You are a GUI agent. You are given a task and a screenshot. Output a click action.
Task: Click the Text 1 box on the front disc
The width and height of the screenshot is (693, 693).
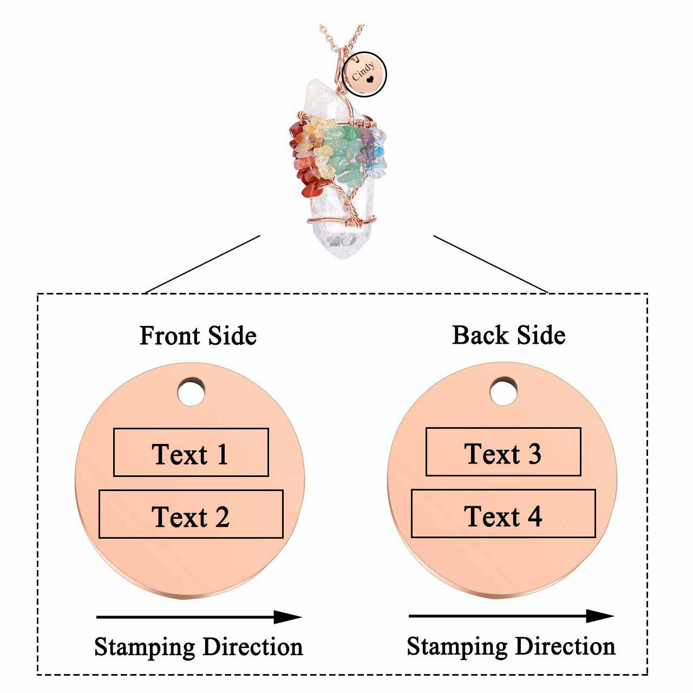(191, 453)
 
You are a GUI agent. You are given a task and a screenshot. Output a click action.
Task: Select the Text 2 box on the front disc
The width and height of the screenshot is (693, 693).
(191, 514)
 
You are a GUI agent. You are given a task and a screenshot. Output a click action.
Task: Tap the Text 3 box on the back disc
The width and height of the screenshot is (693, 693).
(503, 452)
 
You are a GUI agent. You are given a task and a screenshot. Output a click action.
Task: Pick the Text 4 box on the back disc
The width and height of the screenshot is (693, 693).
(503, 514)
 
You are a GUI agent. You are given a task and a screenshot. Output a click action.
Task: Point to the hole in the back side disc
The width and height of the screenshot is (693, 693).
(504, 391)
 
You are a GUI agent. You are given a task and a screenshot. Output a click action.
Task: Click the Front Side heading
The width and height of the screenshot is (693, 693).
(198, 336)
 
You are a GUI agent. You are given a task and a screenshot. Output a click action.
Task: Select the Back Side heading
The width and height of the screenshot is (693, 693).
(509, 335)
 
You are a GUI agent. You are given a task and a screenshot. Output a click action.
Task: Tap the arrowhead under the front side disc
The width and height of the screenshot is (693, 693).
(287, 617)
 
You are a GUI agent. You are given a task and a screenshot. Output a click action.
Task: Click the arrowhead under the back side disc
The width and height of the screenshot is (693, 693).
(600, 616)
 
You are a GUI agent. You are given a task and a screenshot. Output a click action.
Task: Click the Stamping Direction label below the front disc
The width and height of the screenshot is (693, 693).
(198, 647)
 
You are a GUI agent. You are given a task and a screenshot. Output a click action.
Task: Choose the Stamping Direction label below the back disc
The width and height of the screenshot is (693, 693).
(511, 646)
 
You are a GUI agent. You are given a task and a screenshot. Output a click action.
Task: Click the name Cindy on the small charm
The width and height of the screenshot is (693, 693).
(362, 71)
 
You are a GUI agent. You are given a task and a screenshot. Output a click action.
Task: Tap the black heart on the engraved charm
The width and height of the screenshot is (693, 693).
(370, 79)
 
